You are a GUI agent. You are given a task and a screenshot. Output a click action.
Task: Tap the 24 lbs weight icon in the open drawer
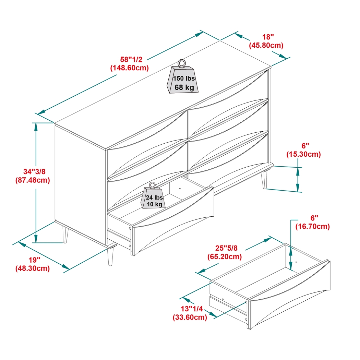pyautogui.click(x=154, y=199)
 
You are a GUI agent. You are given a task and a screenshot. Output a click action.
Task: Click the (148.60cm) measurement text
pyautogui.click(x=129, y=68)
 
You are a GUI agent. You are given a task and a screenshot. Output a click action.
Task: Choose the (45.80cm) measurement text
pyautogui.click(x=266, y=45)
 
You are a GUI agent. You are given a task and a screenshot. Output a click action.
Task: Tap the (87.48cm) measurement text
pyautogui.click(x=33, y=180)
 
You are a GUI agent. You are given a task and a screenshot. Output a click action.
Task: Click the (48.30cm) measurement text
pyautogui.click(x=33, y=268)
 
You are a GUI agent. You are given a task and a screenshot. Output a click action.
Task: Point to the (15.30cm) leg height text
pyautogui.click(x=303, y=154)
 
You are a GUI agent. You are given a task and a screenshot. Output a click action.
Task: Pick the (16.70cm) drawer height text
pyautogui.click(x=312, y=226)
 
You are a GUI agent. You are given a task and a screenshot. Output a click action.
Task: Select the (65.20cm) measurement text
pyautogui.click(x=225, y=256)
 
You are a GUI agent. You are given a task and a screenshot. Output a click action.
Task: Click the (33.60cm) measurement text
pyautogui.click(x=190, y=317)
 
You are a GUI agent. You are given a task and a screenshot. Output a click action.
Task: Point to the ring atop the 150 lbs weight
pyautogui.click(x=182, y=63)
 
